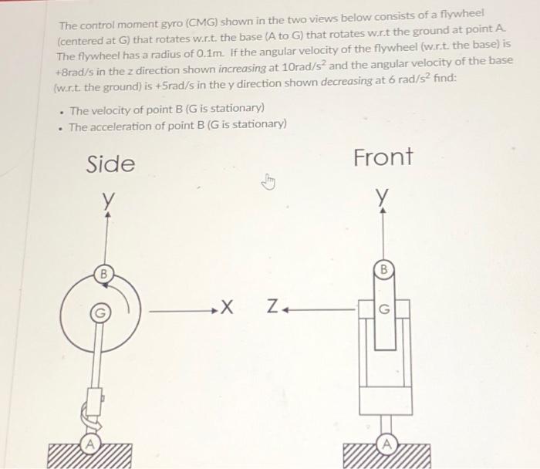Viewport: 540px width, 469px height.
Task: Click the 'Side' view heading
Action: coord(110,164)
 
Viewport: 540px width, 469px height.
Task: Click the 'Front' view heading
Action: coord(383,157)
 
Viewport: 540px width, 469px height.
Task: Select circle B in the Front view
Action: coord(382,270)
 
